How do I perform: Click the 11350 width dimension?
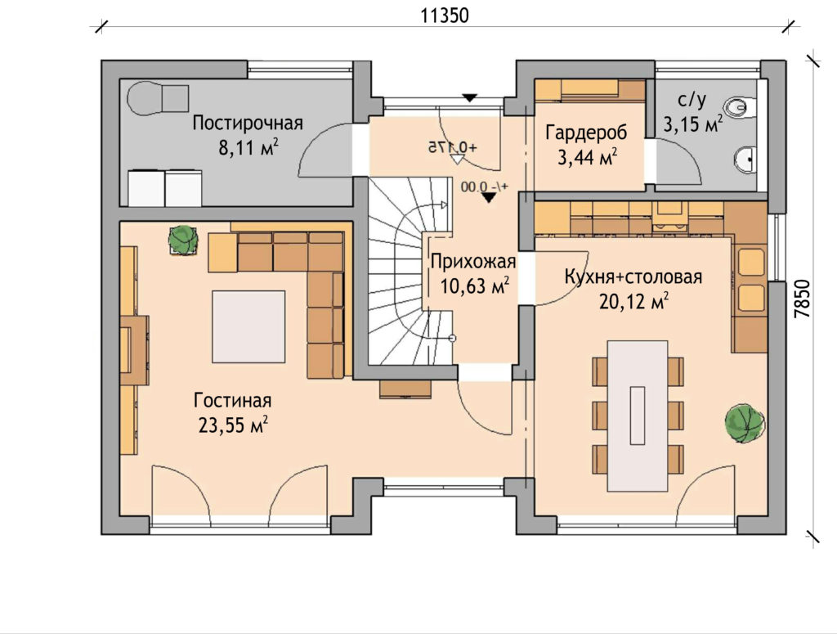[x=445, y=16]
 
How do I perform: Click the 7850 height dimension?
[x=802, y=299]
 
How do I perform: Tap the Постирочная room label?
[x=247, y=124]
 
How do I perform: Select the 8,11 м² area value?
[x=248, y=147]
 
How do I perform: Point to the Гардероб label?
[x=586, y=133]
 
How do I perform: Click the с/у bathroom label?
[x=692, y=101]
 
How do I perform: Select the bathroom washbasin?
[x=745, y=159]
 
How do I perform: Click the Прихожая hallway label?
[x=473, y=263]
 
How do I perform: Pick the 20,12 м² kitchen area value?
[x=633, y=302]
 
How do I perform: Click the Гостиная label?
[x=233, y=400]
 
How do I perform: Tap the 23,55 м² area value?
[x=233, y=425]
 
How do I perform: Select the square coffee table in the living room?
[x=248, y=326]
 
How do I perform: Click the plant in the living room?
[x=183, y=240]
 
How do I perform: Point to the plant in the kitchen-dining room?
[x=745, y=423]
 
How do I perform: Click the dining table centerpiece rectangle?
[x=638, y=416]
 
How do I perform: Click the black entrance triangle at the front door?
[x=469, y=97]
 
